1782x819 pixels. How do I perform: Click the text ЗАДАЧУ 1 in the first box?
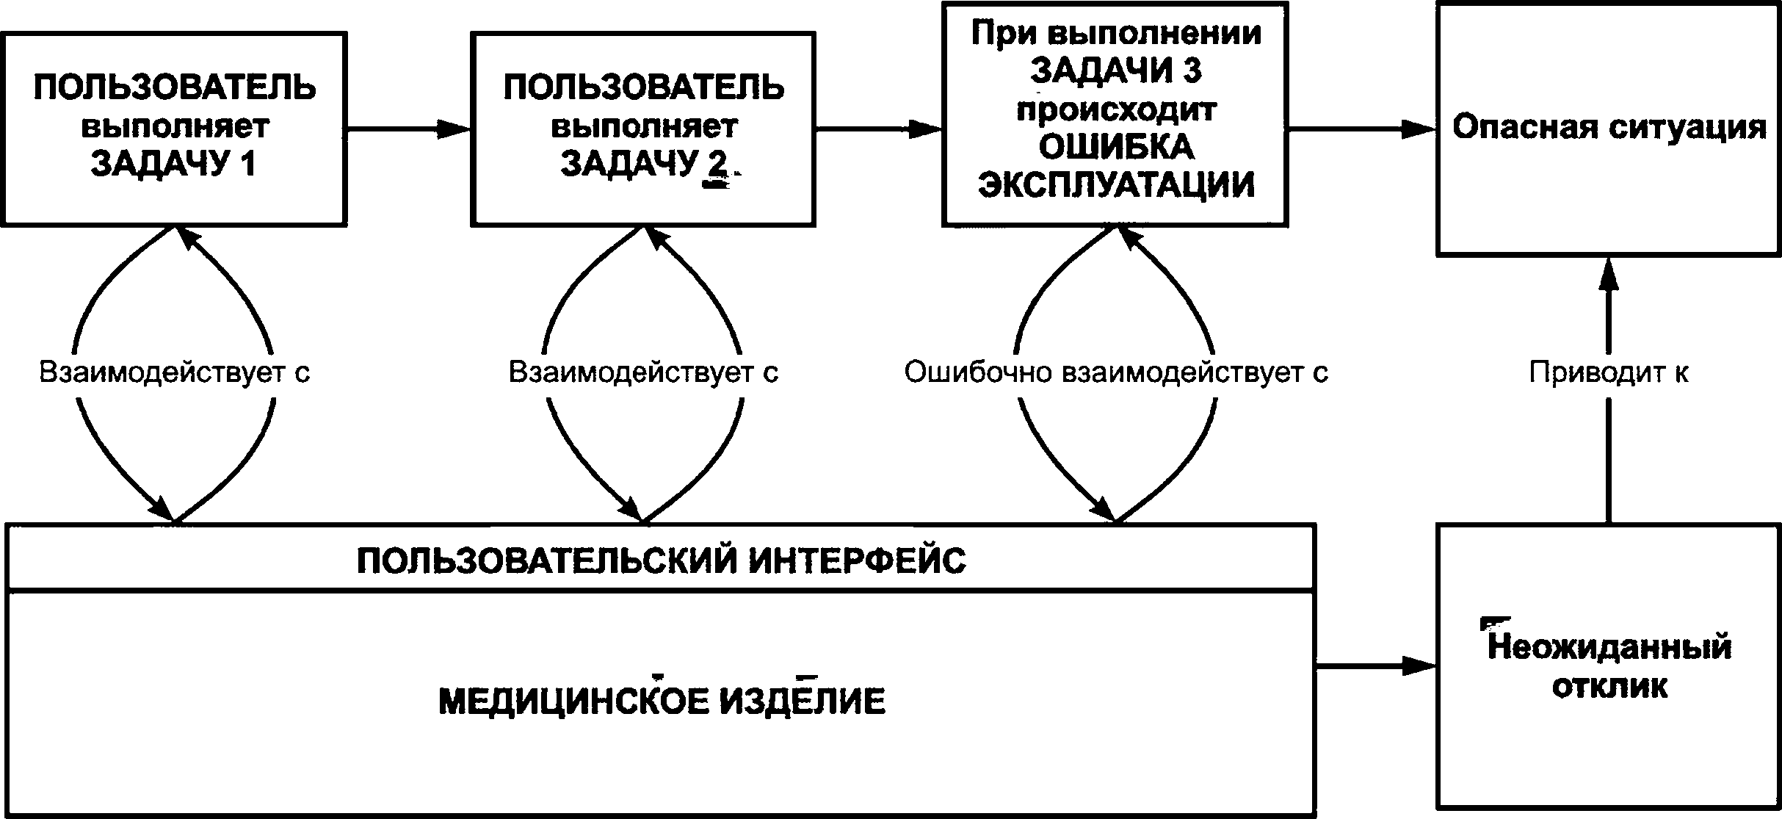173,165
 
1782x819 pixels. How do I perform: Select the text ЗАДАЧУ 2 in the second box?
644,165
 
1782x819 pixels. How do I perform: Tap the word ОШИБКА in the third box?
1116,148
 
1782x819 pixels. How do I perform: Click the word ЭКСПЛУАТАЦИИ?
1116,185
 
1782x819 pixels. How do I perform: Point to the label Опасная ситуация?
1609,128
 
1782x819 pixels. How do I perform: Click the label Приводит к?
1609,373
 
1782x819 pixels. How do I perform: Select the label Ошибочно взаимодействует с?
1116,372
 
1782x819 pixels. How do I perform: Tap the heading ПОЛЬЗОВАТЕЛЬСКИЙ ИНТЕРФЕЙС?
661,561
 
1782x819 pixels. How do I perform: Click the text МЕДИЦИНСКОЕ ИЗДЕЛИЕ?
662,701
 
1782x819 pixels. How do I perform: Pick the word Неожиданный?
1609,648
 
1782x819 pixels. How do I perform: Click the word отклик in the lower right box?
1609,687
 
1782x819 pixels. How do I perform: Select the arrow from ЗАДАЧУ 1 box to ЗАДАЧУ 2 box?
408,129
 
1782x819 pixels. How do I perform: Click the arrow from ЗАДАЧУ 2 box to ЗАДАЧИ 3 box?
879,129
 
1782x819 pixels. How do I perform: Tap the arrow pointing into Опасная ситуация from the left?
1362,129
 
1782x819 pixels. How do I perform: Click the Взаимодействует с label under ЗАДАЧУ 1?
174,372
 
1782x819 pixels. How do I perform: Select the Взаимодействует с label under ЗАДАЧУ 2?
643,372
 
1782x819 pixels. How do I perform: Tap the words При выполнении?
1116,34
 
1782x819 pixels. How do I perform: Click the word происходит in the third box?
1116,110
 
